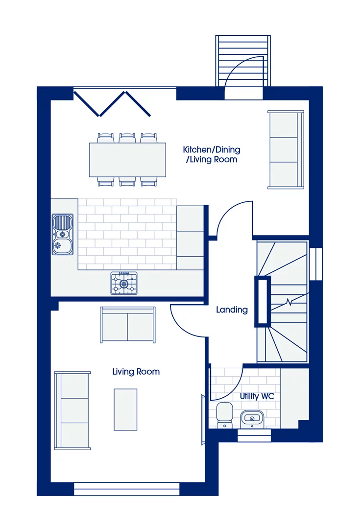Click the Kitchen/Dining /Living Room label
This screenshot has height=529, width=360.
tap(212, 154)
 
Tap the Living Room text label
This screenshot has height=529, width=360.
tap(136, 372)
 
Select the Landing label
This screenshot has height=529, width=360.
tap(232, 310)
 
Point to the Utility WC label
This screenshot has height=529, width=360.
tap(257, 396)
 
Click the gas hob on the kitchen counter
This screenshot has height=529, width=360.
tap(124, 284)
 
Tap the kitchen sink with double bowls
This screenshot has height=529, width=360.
tap(63, 234)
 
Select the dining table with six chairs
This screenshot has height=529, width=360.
tap(127, 159)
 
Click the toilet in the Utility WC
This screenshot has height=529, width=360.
tap(225, 414)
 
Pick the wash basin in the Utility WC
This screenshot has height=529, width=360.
tap(252, 418)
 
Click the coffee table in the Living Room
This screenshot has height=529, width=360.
tap(125, 409)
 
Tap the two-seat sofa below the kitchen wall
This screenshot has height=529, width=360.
tap(127, 325)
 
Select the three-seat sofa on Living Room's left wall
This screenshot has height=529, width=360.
tap(72, 410)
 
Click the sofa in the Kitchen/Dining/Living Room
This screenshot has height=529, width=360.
tap(285, 149)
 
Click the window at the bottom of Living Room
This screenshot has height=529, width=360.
tap(126, 489)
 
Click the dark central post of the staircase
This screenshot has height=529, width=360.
tap(262, 302)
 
